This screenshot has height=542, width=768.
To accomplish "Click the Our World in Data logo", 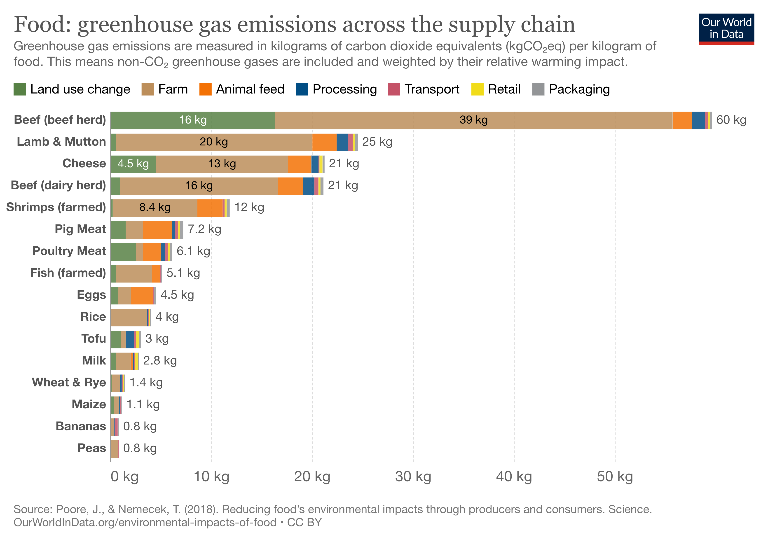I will click(726, 29).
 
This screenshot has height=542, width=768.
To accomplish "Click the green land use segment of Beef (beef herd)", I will click(193, 120).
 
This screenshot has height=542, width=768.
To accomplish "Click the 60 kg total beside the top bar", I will click(731, 120).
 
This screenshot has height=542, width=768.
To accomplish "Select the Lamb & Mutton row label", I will click(61, 142).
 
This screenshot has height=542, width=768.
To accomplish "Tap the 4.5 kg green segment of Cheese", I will click(133, 164).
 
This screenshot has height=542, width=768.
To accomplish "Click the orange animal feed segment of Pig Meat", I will click(157, 230).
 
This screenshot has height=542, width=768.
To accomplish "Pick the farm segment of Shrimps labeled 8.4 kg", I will click(155, 208).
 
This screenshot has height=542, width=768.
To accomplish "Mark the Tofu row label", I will click(94, 339).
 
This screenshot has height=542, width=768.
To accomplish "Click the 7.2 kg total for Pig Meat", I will click(204, 229).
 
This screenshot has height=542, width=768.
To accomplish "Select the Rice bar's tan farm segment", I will click(129, 317).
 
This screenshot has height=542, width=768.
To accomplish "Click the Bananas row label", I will click(81, 426).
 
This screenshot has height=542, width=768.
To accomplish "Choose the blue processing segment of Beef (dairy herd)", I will click(308, 186).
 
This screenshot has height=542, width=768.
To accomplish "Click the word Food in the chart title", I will click(42, 25).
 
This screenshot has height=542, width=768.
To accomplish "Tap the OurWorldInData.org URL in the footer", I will click(145, 522).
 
